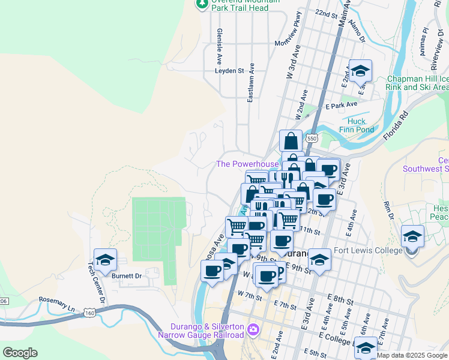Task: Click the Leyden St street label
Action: (x=229, y=70)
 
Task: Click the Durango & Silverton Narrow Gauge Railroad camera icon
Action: (x=253, y=329)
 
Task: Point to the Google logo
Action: (x=20, y=353)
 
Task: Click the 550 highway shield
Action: (x=311, y=138)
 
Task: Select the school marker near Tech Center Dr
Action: (x=105, y=260)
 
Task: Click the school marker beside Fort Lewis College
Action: (x=412, y=236)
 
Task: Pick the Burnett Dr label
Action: (x=126, y=276)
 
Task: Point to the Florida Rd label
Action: (x=397, y=124)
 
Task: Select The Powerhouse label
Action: (x=247, y=164)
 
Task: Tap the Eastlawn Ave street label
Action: (x=251, y=82)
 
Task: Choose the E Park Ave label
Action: (x=342, y=106)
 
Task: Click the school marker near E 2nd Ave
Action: (x=360, y=71)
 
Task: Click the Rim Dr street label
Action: (x=388, y=208)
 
